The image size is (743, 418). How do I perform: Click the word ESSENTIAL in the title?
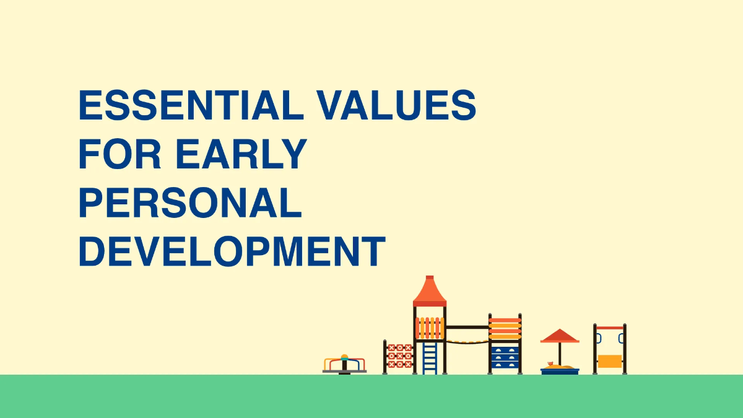(x=191, y=105)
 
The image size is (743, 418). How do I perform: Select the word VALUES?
(x=396, y=105)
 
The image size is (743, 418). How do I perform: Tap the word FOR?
(x=119, y=154)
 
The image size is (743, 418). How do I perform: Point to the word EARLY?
(x=241, y=154)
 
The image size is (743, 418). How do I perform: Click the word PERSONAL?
(x=190, y=202)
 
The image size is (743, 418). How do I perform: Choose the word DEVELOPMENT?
(x=232, y=251)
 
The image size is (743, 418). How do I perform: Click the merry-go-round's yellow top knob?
(x=345, y=357)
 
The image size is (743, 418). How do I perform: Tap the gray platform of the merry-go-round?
(x=345, y=372)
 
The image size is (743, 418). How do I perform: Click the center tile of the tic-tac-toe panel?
(x=400, y=356)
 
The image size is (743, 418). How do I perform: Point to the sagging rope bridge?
(x=467, y=342)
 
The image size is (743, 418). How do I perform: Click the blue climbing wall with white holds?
(x=505, y=357)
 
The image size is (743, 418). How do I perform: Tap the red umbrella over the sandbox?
(x=560, y=336)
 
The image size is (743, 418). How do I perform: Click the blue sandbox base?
(x=560, y=371)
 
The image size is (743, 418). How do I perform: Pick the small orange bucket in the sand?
(x=550, y=364)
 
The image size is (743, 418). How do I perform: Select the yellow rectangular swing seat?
(x=610, y=361)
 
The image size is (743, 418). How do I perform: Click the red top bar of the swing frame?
(x=610, y=328)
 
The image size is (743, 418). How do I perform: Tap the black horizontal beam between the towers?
(x=467, y=327)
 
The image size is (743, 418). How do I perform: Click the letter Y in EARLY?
(x=294, y=154)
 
